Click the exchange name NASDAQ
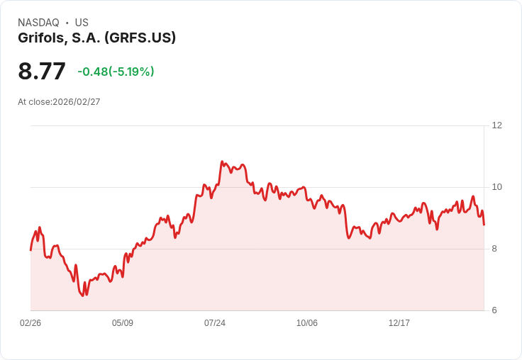click(x=38, y=23)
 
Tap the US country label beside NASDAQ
click(x=82, y=23)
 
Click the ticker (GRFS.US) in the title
click(x=140, y=38)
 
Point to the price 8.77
click(x=42, y=71)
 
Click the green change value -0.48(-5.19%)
click(x=116, y=72)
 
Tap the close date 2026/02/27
click(x=77, y=102)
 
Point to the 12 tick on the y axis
click(x=496, y=125)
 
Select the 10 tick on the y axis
click(x=496, y=187)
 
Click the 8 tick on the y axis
click(x=494, y=249)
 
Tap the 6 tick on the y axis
click(x=494, y=310)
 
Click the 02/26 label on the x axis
click(x=30, y=323)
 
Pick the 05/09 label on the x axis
click(x=123, y=323)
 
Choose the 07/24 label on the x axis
click(x=215, y=323)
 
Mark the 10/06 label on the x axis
click(x=307, y=323)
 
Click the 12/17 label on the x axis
click(x=399, y=323)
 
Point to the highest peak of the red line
click(x=222, y=162)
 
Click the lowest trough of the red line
click(x=82, y=296)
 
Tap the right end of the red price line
click(x=484, y=225)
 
